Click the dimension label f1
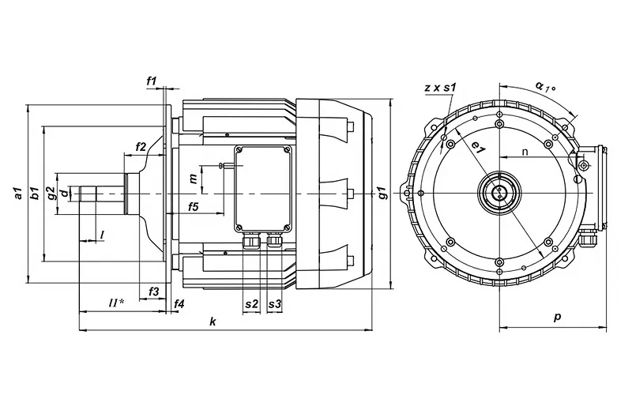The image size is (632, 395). coord(151,81)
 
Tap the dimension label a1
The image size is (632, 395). coord(17,193)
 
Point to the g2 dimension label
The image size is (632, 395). coord(51,193)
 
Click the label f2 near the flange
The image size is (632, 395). coord(141,147)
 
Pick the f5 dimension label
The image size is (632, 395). coord(194,207)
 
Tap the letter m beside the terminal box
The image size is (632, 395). coord(194,179)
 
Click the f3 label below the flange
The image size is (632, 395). coord(154,292)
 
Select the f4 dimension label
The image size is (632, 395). coord(179,304)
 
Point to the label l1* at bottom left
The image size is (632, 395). coord(116,303)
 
